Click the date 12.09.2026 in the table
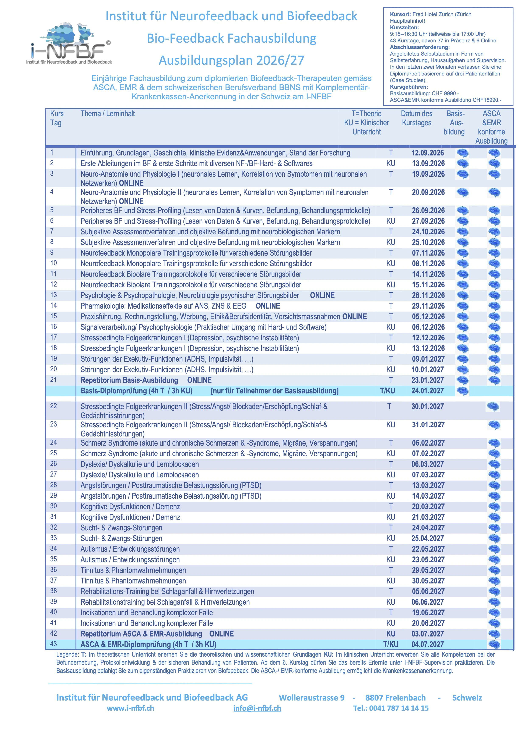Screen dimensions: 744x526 coord(428,153)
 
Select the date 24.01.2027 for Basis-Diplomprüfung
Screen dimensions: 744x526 coord(427,391)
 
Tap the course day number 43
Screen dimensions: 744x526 coord(53,644)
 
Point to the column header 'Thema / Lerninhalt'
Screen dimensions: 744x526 coord(108,114)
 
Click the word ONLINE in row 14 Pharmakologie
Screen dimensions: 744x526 coord(268,306)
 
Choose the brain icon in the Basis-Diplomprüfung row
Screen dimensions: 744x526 coord(462,391)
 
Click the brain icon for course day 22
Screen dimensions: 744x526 coord(492,406)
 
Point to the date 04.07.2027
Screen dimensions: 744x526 coord(427,644)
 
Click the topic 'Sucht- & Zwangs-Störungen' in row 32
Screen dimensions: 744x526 coord(121,527)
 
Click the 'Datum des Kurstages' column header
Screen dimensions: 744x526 coord(417,118)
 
